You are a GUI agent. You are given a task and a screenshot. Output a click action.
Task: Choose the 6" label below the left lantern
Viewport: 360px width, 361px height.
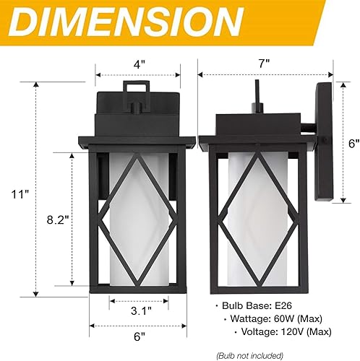coord(138,336)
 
